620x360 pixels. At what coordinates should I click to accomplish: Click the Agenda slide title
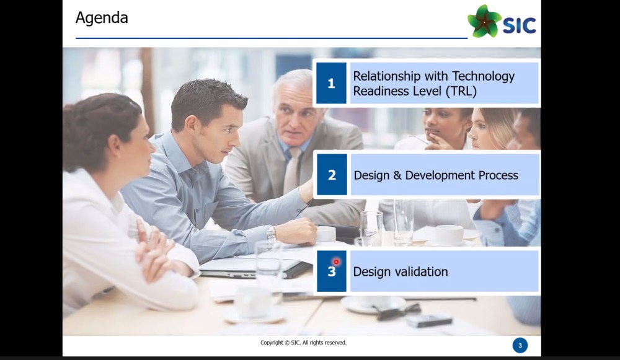102,18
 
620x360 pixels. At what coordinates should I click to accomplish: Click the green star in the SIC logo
484,21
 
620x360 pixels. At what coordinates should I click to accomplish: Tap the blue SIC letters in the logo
519,25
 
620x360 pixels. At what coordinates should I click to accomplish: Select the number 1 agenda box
331,83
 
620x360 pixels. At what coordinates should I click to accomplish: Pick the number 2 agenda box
332,175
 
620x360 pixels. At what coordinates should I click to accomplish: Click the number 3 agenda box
331,271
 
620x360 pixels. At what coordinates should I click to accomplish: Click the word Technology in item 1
483,76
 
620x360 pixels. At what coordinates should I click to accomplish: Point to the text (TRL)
461,91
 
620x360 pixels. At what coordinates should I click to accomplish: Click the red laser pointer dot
336,261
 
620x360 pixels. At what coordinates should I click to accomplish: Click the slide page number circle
520,345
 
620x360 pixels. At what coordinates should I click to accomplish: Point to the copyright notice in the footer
303,343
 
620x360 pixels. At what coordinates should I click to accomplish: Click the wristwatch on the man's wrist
271,233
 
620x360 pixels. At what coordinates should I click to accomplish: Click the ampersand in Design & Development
397,175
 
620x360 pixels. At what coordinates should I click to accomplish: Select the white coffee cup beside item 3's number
326,234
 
